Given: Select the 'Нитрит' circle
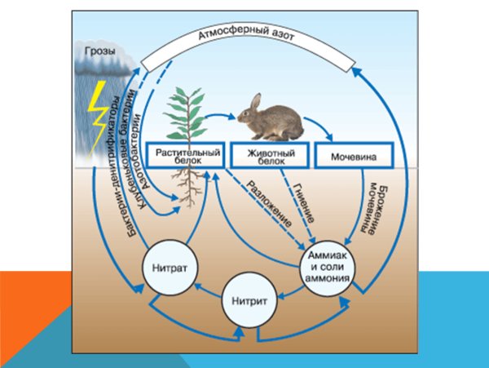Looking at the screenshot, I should pyautogui.click(x=245, y=299).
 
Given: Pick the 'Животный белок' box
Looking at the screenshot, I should pyautogui.click(x=268, y=155).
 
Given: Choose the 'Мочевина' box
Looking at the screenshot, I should pyautogui.click(x=352, y=155).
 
